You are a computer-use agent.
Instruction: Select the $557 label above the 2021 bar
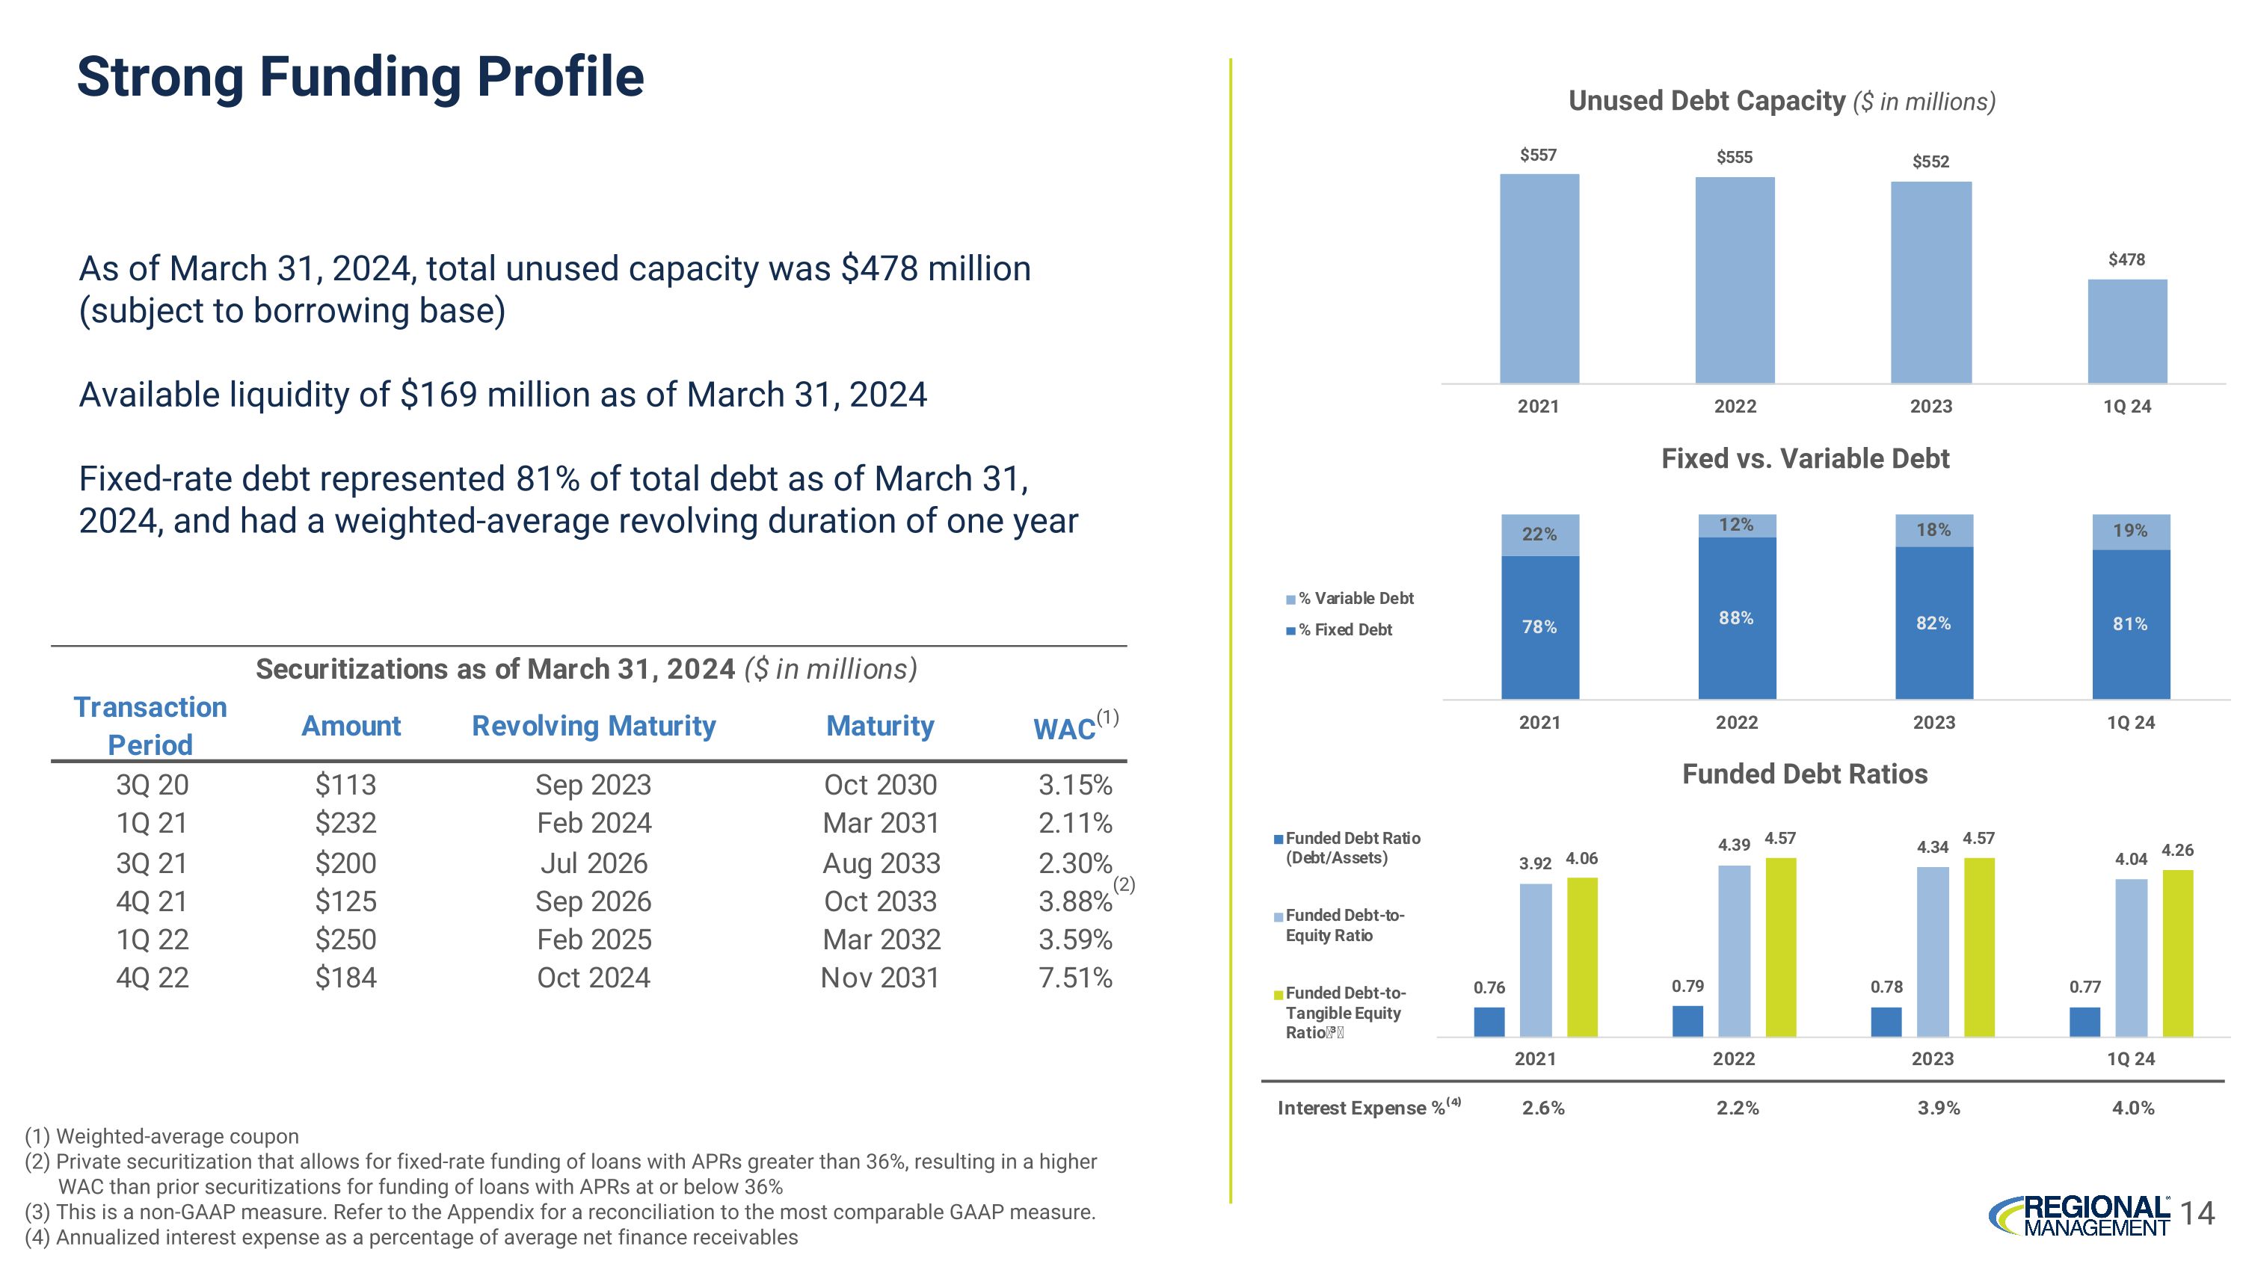click(1538, 155)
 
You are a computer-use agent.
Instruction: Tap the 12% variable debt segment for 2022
click(1736, 525)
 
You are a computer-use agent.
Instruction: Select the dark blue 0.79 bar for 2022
click(1687, 1021)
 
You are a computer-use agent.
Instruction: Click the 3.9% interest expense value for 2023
click(1938, 1108)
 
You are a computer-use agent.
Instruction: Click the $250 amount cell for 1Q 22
click(345, 940)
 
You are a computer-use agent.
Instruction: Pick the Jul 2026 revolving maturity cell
click(594, 863)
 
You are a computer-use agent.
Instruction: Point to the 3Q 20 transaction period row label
click(153, 785)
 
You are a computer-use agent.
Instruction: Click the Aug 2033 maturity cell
click(881, 863)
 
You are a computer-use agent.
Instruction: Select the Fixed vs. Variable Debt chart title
click(1804, 459)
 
